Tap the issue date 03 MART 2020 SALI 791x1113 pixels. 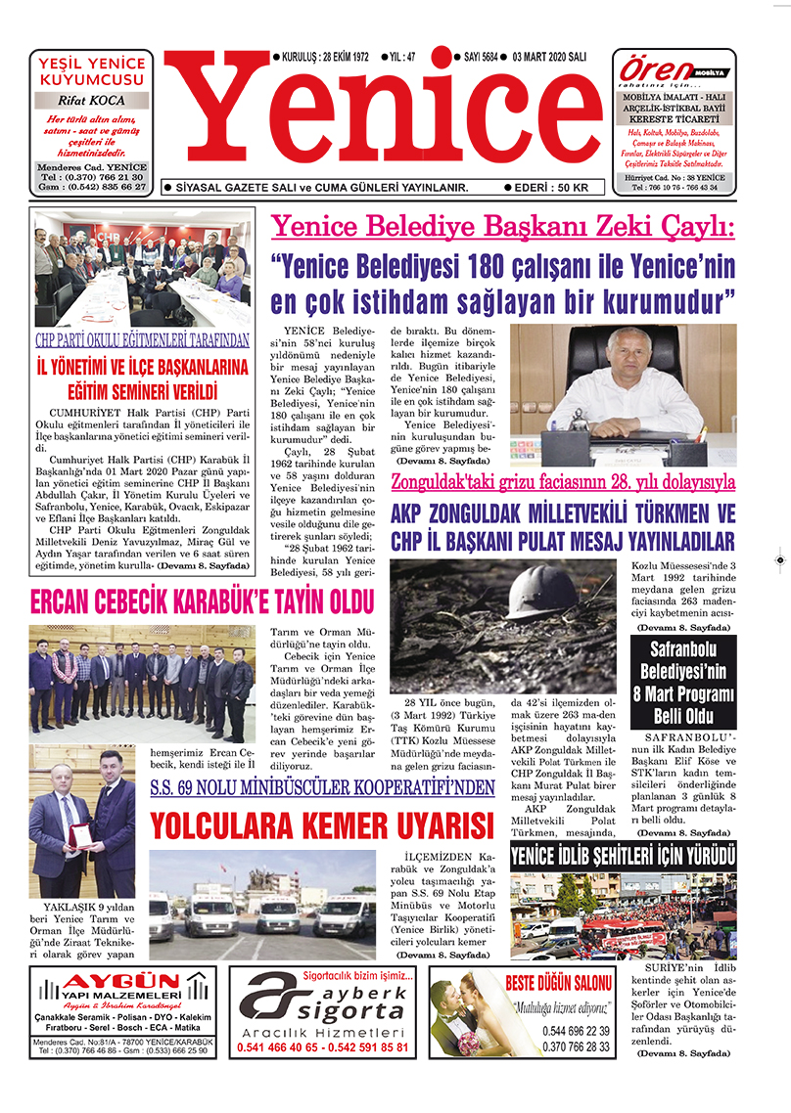click(x=544, y=58)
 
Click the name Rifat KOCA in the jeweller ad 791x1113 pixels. click(x=90, y=100)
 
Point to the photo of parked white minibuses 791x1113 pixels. click(x=261, y=904)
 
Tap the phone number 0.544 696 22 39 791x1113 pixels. click(x=576, y=1031)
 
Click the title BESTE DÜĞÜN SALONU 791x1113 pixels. click(x=559, y=983)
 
